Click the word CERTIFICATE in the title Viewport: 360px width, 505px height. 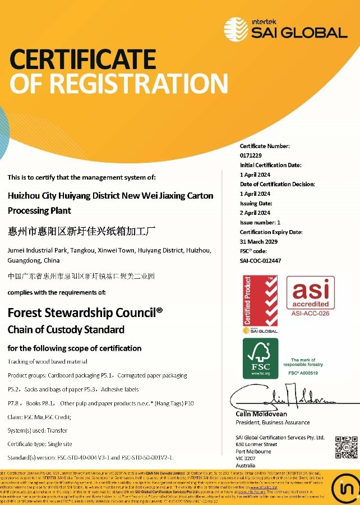[x=82, y=59]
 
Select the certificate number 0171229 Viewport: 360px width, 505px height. [x=251, y=155]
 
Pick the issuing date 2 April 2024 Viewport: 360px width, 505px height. [x=255, y=213]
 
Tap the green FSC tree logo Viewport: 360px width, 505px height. [x=260, y=358]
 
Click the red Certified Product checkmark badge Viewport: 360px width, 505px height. [x=260, y=304]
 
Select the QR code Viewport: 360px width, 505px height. [x=346, y=447]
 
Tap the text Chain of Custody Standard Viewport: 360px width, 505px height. [x=66, y=329]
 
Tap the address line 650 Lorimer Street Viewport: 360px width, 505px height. [x=257, y=444]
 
